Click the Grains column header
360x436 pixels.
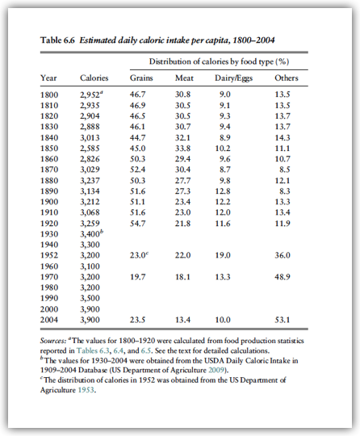(x=141, y=78)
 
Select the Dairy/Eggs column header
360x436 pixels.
(x=233, y=78)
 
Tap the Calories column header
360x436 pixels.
(x=94, y=78)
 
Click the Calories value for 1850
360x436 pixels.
(x=90, y=149)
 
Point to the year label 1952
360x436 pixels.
(x=49, y=255)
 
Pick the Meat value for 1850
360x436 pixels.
(x=182, y=149)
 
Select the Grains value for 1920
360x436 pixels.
(x=137, y=224)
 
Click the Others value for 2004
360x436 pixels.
(x=283, y=320)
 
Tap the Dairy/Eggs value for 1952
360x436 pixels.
(x=223, y=255)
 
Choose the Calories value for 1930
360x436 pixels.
(x=91, y=234)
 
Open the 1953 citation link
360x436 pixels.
(x=86, y=390)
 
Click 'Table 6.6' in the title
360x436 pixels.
(x=57, y=40)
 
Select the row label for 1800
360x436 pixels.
(x=49, y=94)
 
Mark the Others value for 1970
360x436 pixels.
(x=283, y=277)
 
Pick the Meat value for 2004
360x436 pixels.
(x=182, y=320)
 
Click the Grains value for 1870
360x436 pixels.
(x=137, y=170)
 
